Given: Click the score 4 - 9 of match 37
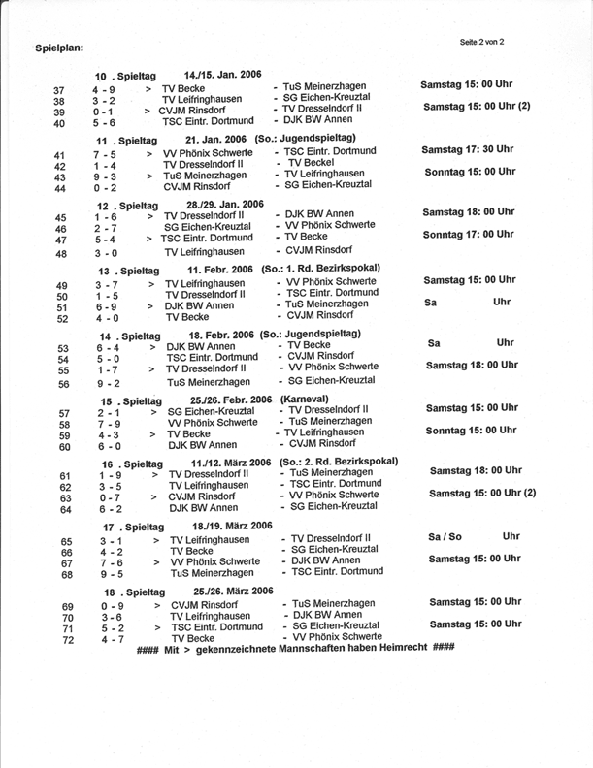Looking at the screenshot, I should click(x=105, y=89).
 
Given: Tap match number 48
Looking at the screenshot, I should click(x=60, y=253).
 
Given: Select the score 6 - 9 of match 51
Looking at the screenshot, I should click(x=107, y=304).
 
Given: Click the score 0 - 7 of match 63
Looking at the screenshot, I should click(x=108, y=495).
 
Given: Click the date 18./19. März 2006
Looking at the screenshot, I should click(x=232, y=526).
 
